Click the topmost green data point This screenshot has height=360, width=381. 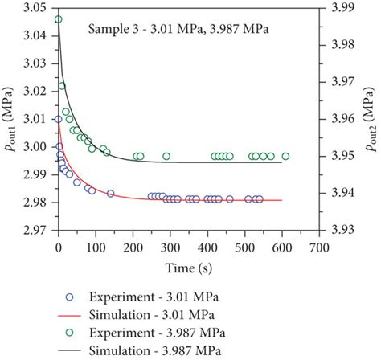click(x=58, y=19)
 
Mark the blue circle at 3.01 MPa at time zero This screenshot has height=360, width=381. click(x=58, y=119)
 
